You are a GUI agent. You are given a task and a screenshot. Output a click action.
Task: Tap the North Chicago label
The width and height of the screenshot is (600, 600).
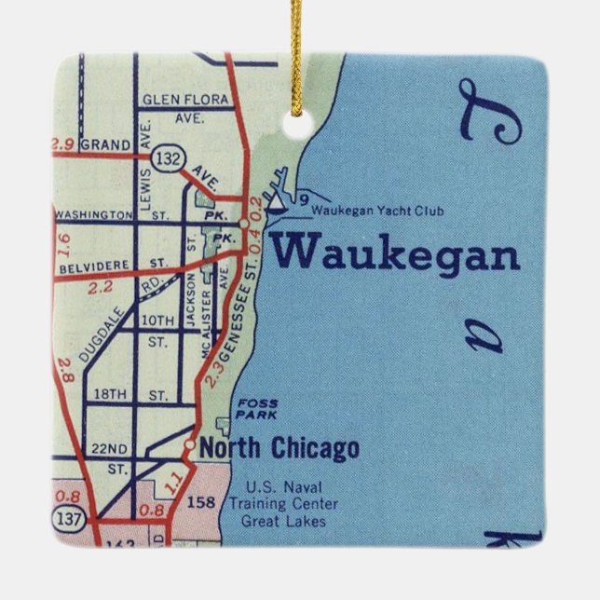pos(280,449)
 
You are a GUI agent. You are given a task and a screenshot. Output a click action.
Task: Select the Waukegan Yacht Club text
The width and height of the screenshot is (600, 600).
pos(377,211)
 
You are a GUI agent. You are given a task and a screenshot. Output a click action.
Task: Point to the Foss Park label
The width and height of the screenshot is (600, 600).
pos(257,408)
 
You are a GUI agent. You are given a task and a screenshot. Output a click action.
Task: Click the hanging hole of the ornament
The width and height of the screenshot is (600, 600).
pos(297,127)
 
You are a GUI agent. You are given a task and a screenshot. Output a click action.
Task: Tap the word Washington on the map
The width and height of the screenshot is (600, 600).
pos(94,213)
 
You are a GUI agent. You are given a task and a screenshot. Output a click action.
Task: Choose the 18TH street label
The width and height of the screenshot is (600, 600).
pos(108,395)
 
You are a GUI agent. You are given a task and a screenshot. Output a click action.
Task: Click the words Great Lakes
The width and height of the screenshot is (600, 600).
pos(284,521)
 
